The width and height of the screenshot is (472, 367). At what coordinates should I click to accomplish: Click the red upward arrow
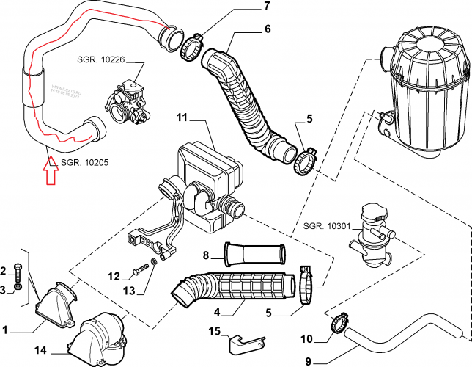tap(50, 175)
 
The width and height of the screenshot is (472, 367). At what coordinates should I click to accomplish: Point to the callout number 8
tap(206, 256)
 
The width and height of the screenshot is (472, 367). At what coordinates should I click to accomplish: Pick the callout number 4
tap(217, 311)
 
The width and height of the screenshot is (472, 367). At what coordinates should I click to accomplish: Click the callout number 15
tap(215, 332)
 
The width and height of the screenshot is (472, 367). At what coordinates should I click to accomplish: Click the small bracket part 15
tap(248, 342)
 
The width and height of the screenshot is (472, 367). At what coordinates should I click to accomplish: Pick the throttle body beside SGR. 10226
tap(128, 99)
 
